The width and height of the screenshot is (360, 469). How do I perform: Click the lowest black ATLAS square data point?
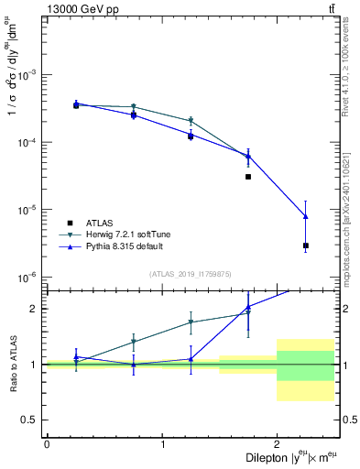[305, 245]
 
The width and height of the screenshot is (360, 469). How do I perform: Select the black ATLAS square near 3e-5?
[248, 177]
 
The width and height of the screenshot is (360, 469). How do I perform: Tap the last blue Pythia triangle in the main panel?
[305, 216]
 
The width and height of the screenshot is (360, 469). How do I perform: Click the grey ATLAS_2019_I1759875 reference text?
[190, 273]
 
